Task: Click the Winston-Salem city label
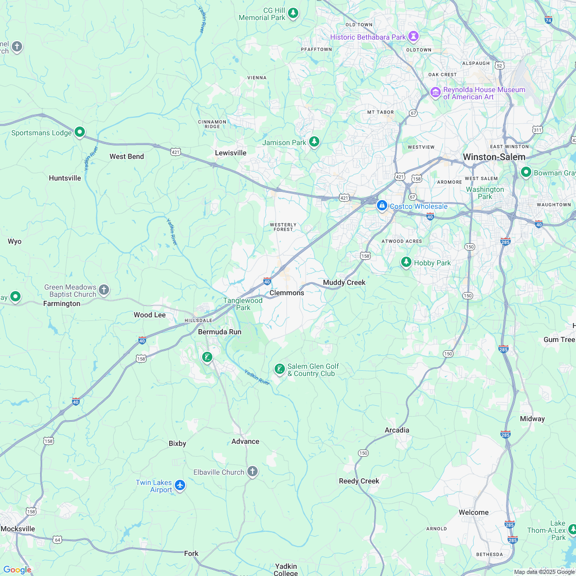pos(494,157)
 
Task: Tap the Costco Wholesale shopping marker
pos(382,206)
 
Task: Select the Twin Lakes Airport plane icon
pos(180,485)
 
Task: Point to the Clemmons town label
pos(287,293)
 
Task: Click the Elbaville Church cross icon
pos(252,472)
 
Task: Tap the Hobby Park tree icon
pos(406,262)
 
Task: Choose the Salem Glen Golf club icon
pos(279,369)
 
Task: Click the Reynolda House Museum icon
pos(436,93)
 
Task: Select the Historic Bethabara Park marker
pos(413,37)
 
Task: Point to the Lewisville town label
pos(230,153)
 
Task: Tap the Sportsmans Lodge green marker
pos(80,132)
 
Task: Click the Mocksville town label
pos(18,529)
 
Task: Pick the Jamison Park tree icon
pos(314,141)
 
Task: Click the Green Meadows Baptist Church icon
pos(104,290)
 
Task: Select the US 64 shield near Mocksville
pos(57,539)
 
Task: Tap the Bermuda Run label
pos(220,332)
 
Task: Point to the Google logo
pos(17,569)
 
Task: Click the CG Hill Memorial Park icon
pos(293,12)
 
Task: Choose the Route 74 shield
pos(548,20)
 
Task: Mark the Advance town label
pos(245,441)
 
